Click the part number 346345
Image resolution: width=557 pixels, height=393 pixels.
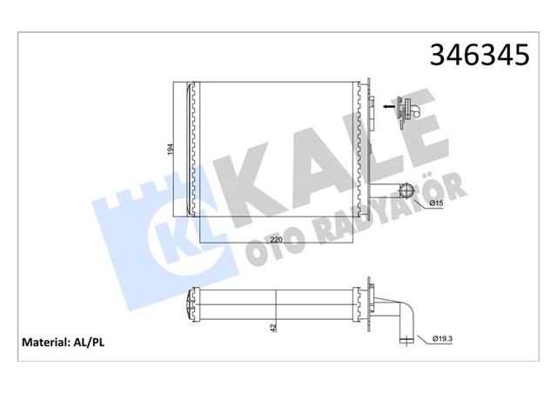480,56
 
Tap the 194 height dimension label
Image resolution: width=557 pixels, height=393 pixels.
171,149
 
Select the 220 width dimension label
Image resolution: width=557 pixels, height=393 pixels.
276,240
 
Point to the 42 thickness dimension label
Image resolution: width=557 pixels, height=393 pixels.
273,328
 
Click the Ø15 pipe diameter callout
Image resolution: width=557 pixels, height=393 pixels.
436,203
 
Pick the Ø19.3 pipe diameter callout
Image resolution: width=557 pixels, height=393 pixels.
442,339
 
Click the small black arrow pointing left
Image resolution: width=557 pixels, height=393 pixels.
389,106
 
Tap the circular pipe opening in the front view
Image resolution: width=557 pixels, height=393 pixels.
406,191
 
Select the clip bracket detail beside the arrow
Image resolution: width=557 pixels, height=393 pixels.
409,112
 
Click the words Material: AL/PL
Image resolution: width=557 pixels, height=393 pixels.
64,343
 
